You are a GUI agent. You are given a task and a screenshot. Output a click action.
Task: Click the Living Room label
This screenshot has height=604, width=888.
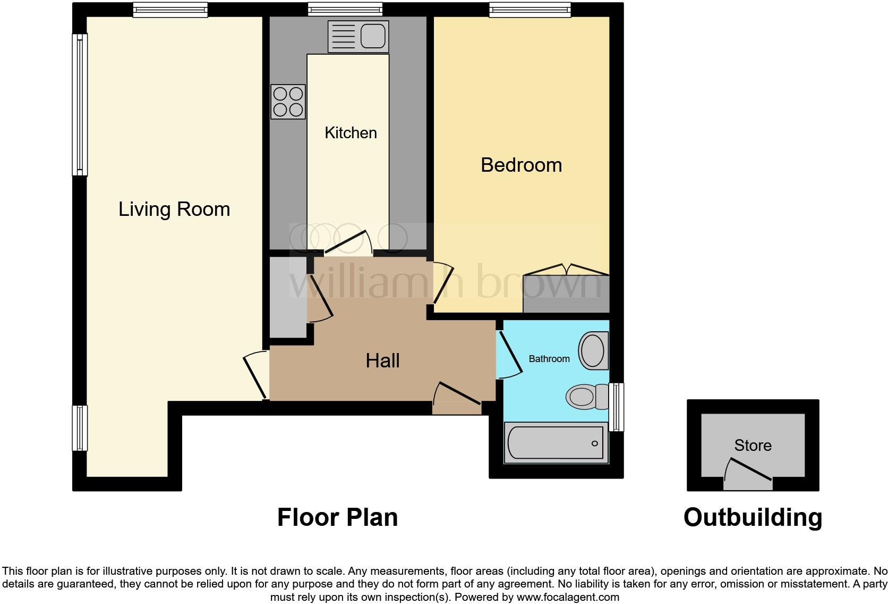point(174,209)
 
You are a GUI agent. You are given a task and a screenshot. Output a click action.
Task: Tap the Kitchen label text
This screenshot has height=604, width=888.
point(351,132)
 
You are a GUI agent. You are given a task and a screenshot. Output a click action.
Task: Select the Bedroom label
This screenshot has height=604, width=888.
point(521,165)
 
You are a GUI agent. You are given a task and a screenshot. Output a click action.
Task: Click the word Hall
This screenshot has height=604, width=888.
point(382,360)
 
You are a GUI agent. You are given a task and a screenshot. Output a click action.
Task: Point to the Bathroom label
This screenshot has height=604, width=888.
point(549,359)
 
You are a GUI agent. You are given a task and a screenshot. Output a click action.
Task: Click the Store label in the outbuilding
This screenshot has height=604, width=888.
point(753,445)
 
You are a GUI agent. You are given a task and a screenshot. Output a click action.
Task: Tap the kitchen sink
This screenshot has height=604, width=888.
point(358,36)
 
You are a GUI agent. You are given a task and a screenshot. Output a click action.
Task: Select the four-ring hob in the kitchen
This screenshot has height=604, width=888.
point(288,102)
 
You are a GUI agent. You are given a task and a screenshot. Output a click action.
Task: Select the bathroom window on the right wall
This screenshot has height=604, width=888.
point(616,407)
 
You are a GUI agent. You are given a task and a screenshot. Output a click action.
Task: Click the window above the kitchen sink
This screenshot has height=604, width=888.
point(345,9)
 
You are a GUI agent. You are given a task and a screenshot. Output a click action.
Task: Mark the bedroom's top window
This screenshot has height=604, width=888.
point(530,9)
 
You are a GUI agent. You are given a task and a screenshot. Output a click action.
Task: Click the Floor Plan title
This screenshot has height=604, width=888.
point(337,517)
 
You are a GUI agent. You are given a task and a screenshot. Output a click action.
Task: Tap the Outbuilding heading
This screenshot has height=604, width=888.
point(753,517)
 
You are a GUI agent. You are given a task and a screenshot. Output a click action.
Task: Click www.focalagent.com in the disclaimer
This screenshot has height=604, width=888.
point(567,597)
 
